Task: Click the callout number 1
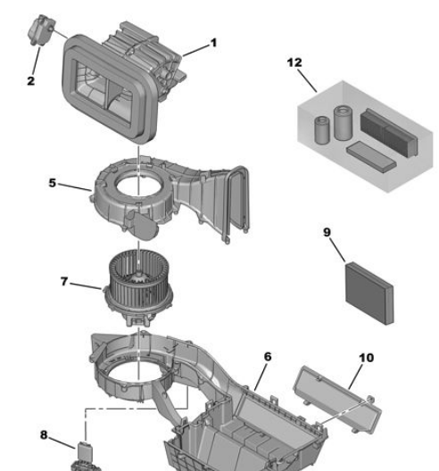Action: coord(212,42)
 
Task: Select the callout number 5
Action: coord(53,183)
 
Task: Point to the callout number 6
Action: coord(268,356)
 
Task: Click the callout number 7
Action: coord(64,281)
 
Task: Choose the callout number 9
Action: coord(327,233)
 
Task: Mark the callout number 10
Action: coord(366,358)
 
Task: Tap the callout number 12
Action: coord(294,62)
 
